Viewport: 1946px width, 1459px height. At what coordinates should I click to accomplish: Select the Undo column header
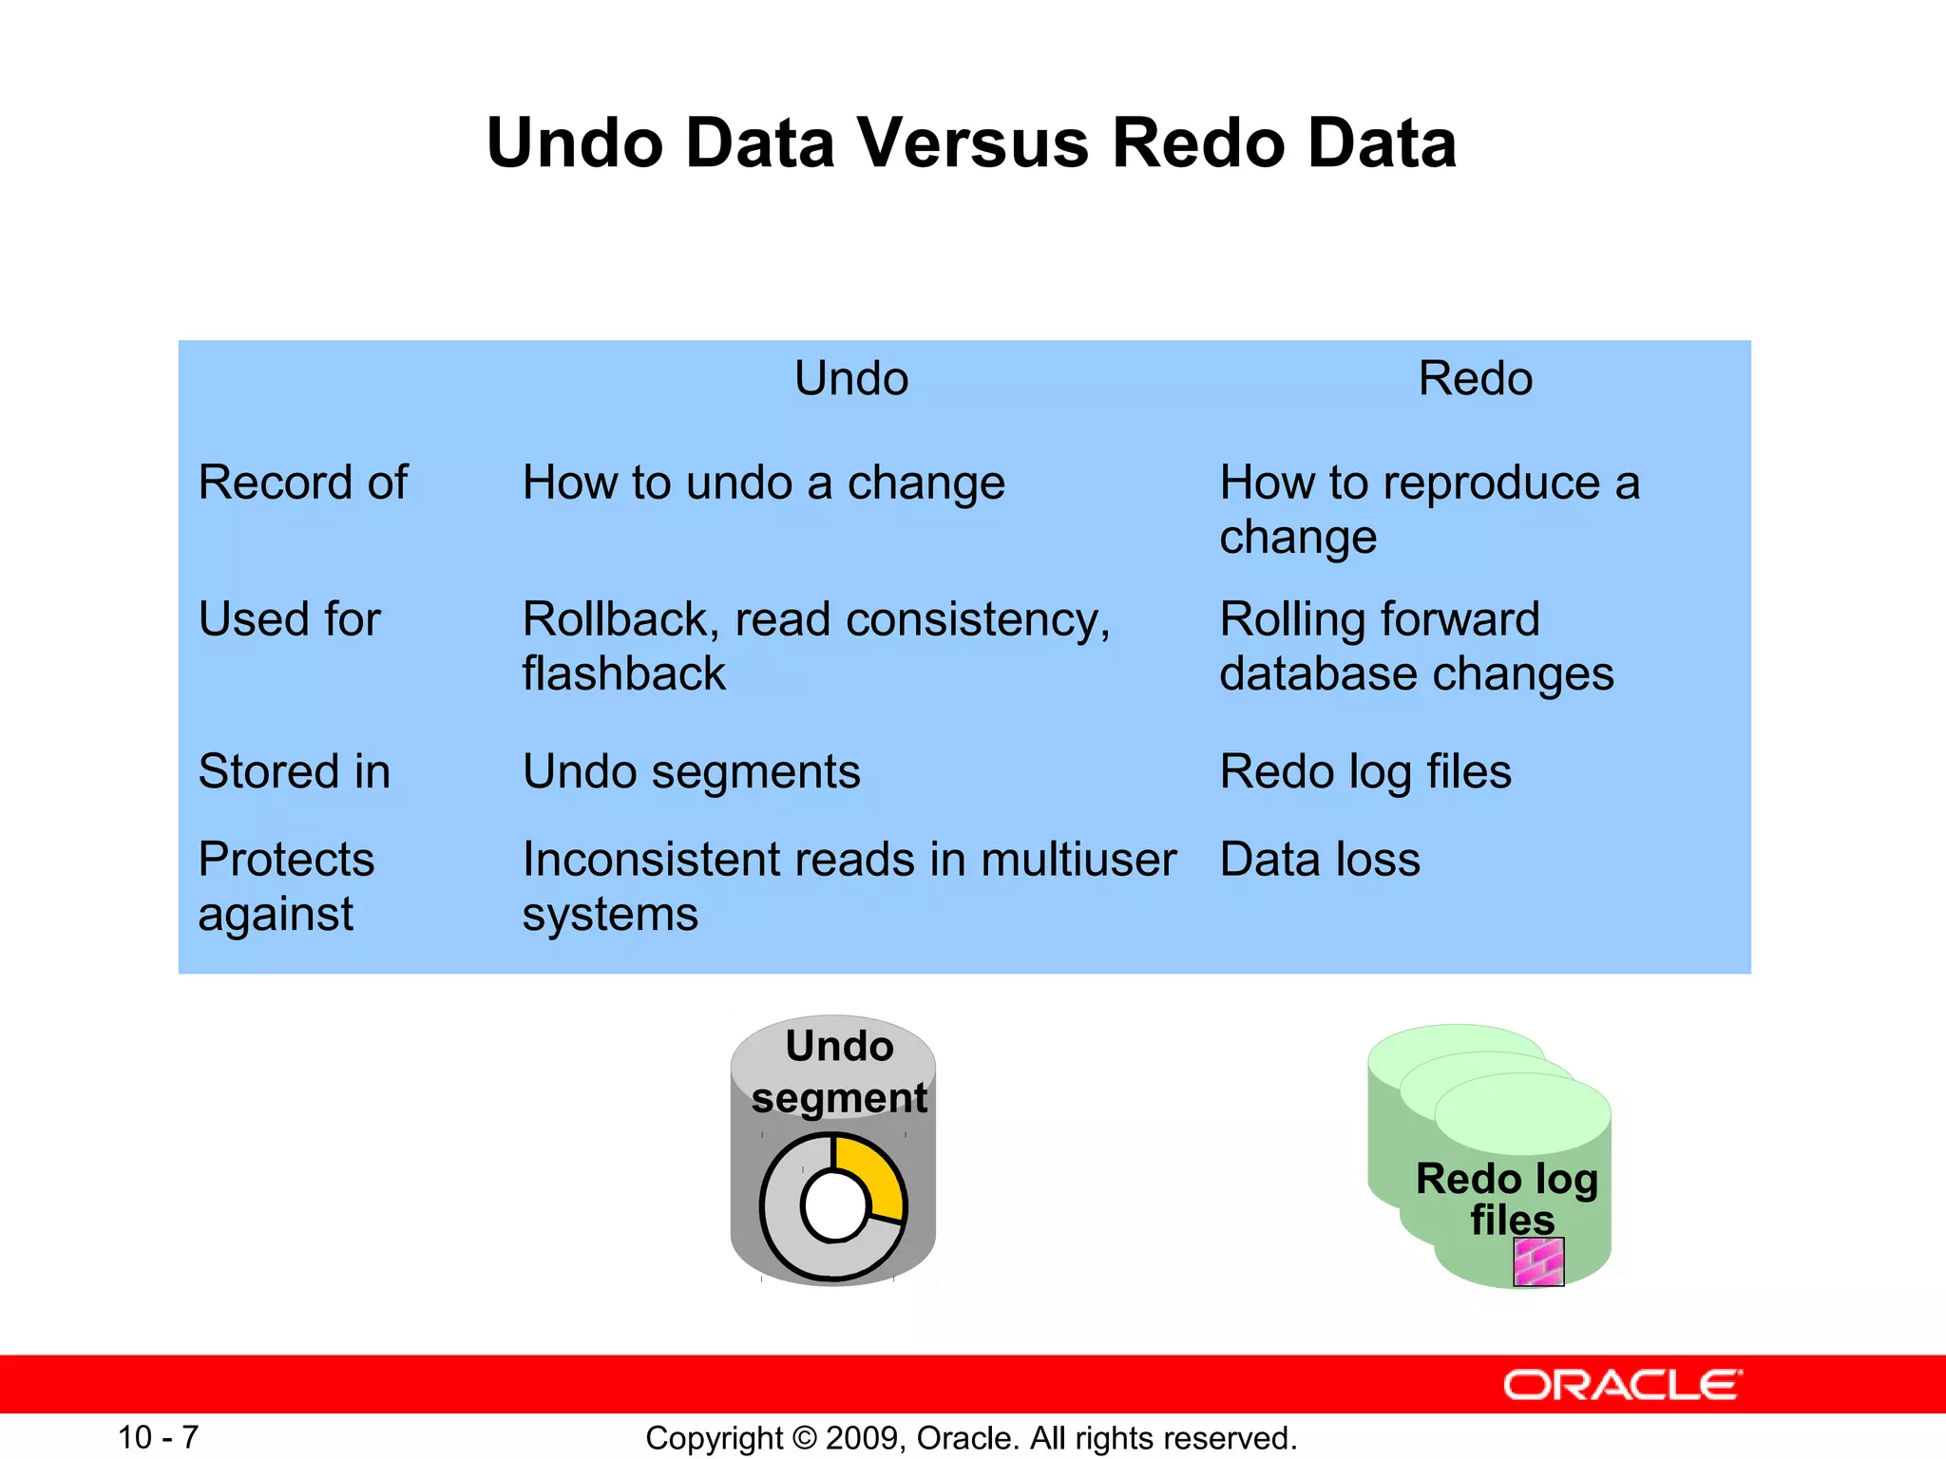(x=851, y=378)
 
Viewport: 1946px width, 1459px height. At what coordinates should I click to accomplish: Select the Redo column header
(x=1475, y=378)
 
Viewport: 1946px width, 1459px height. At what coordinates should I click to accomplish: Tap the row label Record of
(x=302, y=483)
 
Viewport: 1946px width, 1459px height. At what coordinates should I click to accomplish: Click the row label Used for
(x=289, y=619)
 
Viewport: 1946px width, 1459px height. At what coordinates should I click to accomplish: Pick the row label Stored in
(x=295, y=771)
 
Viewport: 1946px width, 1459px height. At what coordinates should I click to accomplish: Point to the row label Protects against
(x=285, y=886)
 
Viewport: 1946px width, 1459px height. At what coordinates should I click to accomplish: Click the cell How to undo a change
(x=763, y=483)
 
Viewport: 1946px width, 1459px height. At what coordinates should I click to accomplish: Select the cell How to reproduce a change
(x=1428, y=509)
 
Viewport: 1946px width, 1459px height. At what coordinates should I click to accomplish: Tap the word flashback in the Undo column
(x=623, y=674)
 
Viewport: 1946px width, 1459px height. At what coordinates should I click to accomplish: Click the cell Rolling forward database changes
(x=1416, y=646)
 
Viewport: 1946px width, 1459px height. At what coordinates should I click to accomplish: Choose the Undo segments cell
(x=691, y=771)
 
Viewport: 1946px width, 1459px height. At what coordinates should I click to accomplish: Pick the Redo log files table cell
(x=1364, y=771)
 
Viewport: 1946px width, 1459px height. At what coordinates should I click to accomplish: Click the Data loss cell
(x=1319, y=860)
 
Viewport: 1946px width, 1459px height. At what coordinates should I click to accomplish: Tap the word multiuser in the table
(x=1078, y=860)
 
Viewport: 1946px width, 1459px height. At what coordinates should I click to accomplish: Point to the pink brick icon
(x=1538, y=1262)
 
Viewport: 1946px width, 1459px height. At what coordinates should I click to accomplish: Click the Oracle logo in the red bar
(x=1622, y=1385)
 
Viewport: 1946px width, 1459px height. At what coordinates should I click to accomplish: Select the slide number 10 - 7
(x=158, y=1437)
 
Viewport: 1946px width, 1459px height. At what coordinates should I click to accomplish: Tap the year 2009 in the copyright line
(x=862, y=1438)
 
